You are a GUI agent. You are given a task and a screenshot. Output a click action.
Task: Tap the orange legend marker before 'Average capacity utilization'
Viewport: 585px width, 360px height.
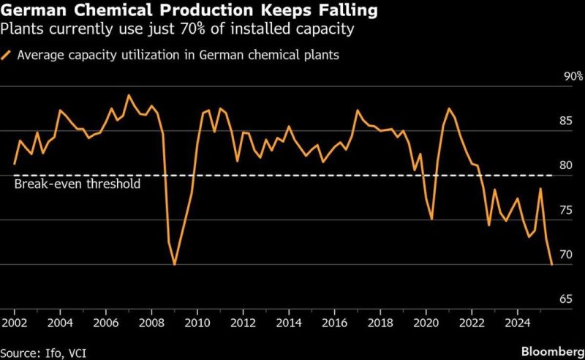7,54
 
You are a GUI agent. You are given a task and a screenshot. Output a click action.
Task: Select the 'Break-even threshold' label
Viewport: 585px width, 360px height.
77,184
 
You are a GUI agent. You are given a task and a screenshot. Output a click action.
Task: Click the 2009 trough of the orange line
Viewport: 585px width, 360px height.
174,264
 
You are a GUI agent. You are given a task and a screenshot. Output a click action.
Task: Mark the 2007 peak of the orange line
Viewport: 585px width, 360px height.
129,95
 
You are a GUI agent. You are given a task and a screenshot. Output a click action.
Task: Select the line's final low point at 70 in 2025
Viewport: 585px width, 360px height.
551,264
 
